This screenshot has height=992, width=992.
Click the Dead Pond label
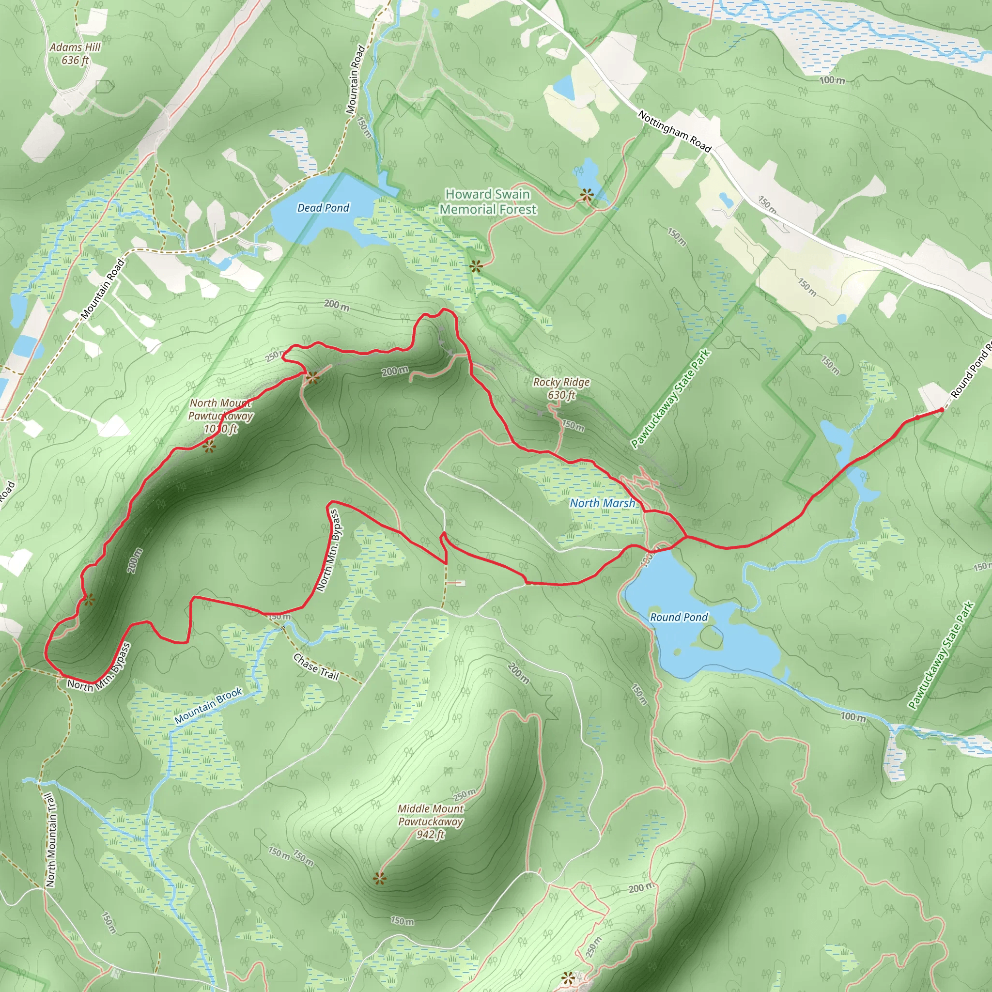click(323, 208)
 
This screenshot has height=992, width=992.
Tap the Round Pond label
click(678, 617)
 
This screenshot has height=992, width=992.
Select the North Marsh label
click(602, 503)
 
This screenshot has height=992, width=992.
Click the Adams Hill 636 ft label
click(75, 53)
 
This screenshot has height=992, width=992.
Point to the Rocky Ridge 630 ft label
click(561, 388)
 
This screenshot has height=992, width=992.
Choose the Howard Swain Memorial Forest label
click(488, 202)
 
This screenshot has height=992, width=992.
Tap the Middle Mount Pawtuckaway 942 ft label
click(430, 821)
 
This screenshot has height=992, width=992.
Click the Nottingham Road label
click(674, 131)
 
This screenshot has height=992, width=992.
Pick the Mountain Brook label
click(208, 706)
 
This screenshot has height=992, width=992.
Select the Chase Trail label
click(316, 666)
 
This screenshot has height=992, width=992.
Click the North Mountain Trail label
click(50, 840)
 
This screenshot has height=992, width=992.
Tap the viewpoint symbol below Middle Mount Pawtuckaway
click(379, 879)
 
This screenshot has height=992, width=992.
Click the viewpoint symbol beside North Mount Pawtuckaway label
click(208, 447)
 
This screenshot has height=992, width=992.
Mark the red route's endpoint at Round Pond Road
click(941, 410)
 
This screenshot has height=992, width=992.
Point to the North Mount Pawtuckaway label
click(221, 416)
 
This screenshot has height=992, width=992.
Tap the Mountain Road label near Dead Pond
click(356, 79)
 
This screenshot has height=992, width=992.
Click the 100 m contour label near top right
click(832, 80)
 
